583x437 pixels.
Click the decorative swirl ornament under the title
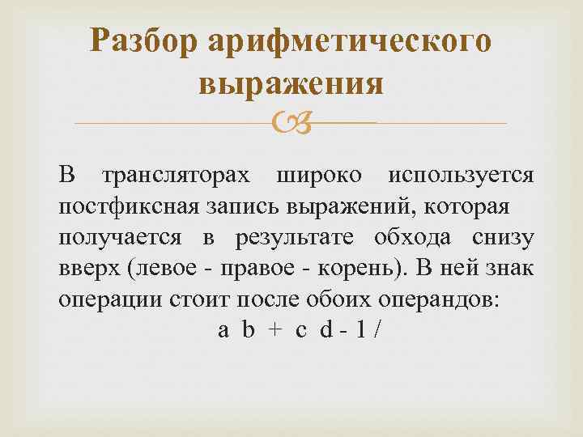pyautogui.click(x=291, y=123)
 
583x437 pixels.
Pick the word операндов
pyautogui.click(x=438, y=298)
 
